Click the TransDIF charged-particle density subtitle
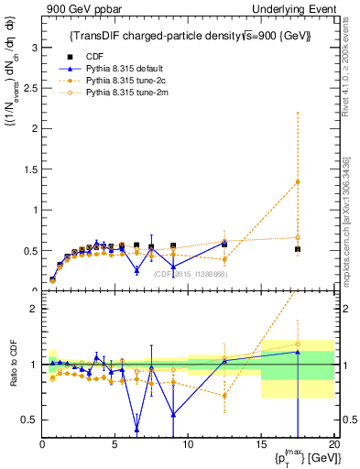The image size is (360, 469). pos(191,36)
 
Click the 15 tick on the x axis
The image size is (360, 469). pos(261,444)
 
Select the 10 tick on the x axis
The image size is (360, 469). pos(188,444)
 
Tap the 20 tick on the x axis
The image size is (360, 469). pos(333,444)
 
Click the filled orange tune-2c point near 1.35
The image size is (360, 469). pos(298,181)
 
